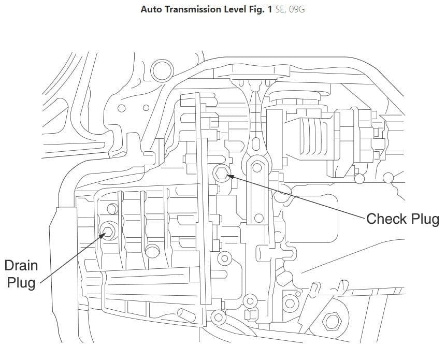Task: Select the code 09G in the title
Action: point(296,9)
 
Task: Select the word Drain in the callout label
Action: point(21,266)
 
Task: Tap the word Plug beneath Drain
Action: point(21,283)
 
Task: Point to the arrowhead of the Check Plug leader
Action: point(228,176)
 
